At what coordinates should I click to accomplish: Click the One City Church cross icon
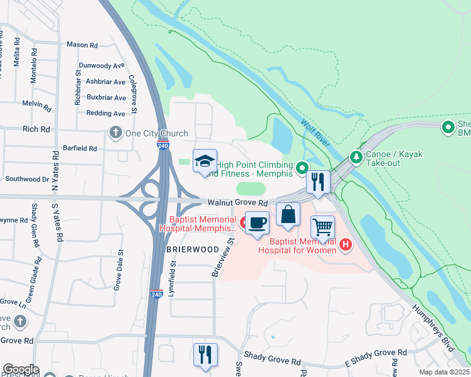coord(115,133)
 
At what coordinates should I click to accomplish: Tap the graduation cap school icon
coord(205,162)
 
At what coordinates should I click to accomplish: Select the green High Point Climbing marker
coord(302,167)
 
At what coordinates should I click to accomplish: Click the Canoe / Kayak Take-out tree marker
coord(356,156)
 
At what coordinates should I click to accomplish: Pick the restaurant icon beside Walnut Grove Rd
coord(318,183)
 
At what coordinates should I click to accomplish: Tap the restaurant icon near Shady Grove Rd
coord(205,355)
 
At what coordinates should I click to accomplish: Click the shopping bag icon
coord(288,214)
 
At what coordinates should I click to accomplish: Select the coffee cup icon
coord(257,223)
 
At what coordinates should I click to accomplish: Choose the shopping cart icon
coord(322,227)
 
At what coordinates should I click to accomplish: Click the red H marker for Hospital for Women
coord(345,244)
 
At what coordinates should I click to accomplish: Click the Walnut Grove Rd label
coord(238,203)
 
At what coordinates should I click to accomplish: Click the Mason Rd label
coord(82,45)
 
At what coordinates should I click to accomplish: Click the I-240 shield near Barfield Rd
coord(162,145)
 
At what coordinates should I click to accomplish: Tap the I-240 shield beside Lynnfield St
coord(157,293)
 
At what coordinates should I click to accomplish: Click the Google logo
coord(21,369)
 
